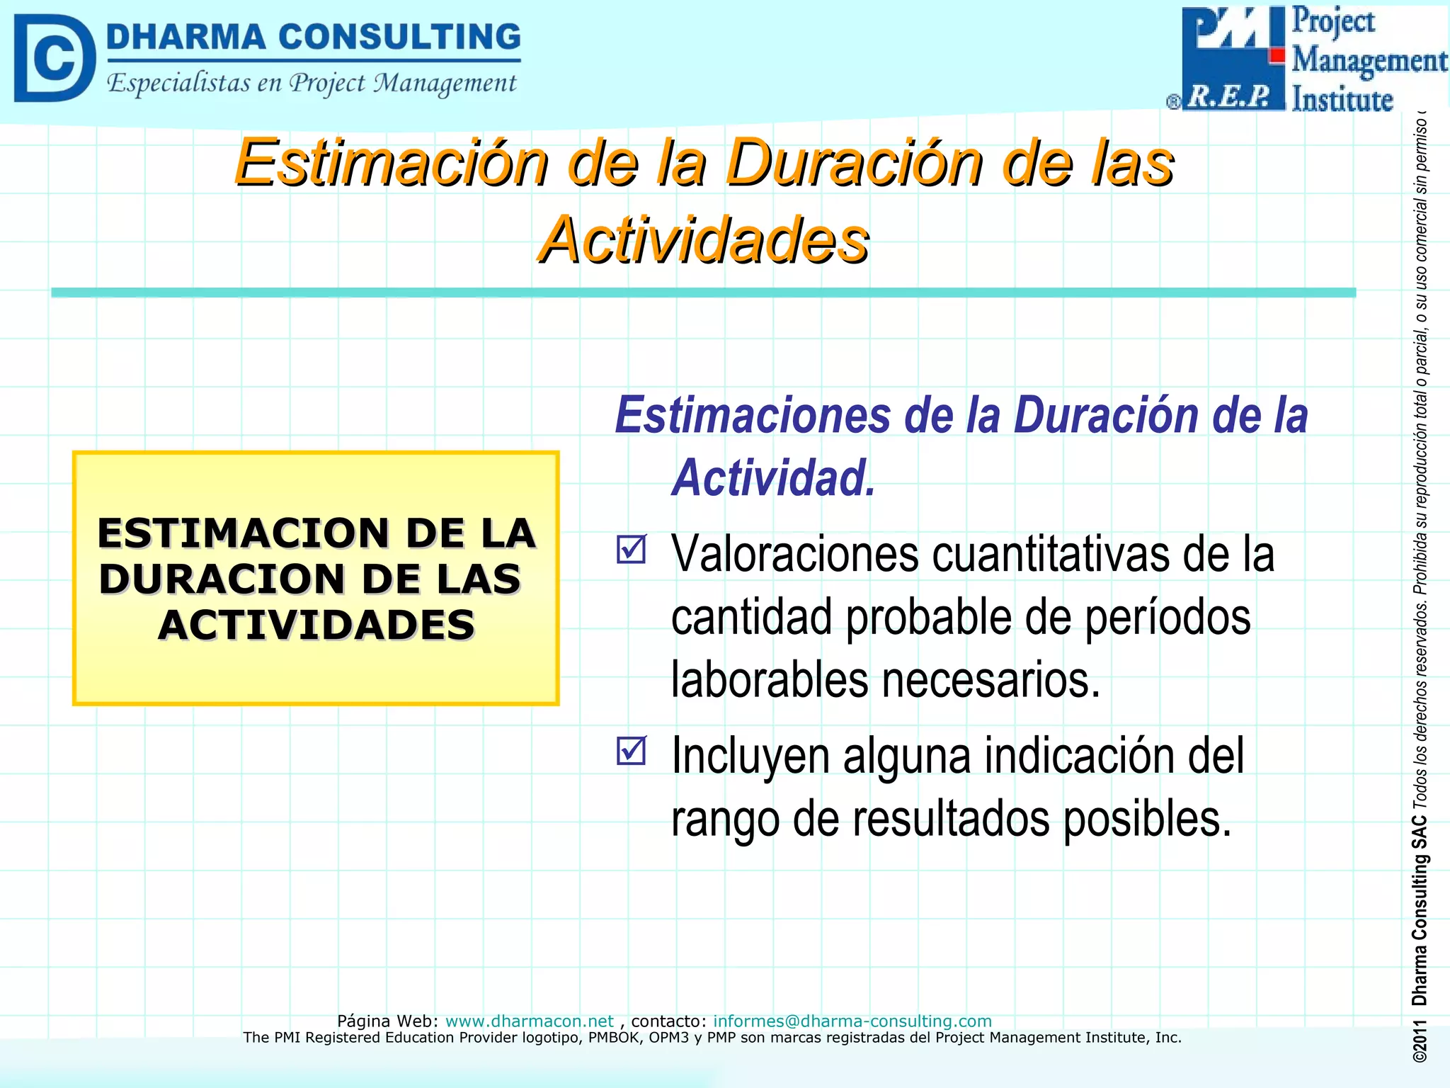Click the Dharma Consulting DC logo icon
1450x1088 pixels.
coord(54,58)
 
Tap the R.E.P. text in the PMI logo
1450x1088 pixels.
coord(1229,96)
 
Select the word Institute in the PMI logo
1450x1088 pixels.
coord(1342,99)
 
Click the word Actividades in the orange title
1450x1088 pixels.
coord(703,240)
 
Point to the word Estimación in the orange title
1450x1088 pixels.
coord(392,163)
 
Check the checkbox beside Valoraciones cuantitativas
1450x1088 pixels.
coord(631,549)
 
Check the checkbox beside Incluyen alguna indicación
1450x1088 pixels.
coord(631,751)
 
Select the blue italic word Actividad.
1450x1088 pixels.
coord(774,477)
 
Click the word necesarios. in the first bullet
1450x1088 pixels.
coord(991,679)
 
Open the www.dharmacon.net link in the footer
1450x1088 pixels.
coord(529,1021)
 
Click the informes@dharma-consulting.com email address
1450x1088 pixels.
coord(852,1021)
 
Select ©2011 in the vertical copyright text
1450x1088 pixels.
coord(1419,1042)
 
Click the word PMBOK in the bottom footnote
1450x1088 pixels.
coord(614,1038)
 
